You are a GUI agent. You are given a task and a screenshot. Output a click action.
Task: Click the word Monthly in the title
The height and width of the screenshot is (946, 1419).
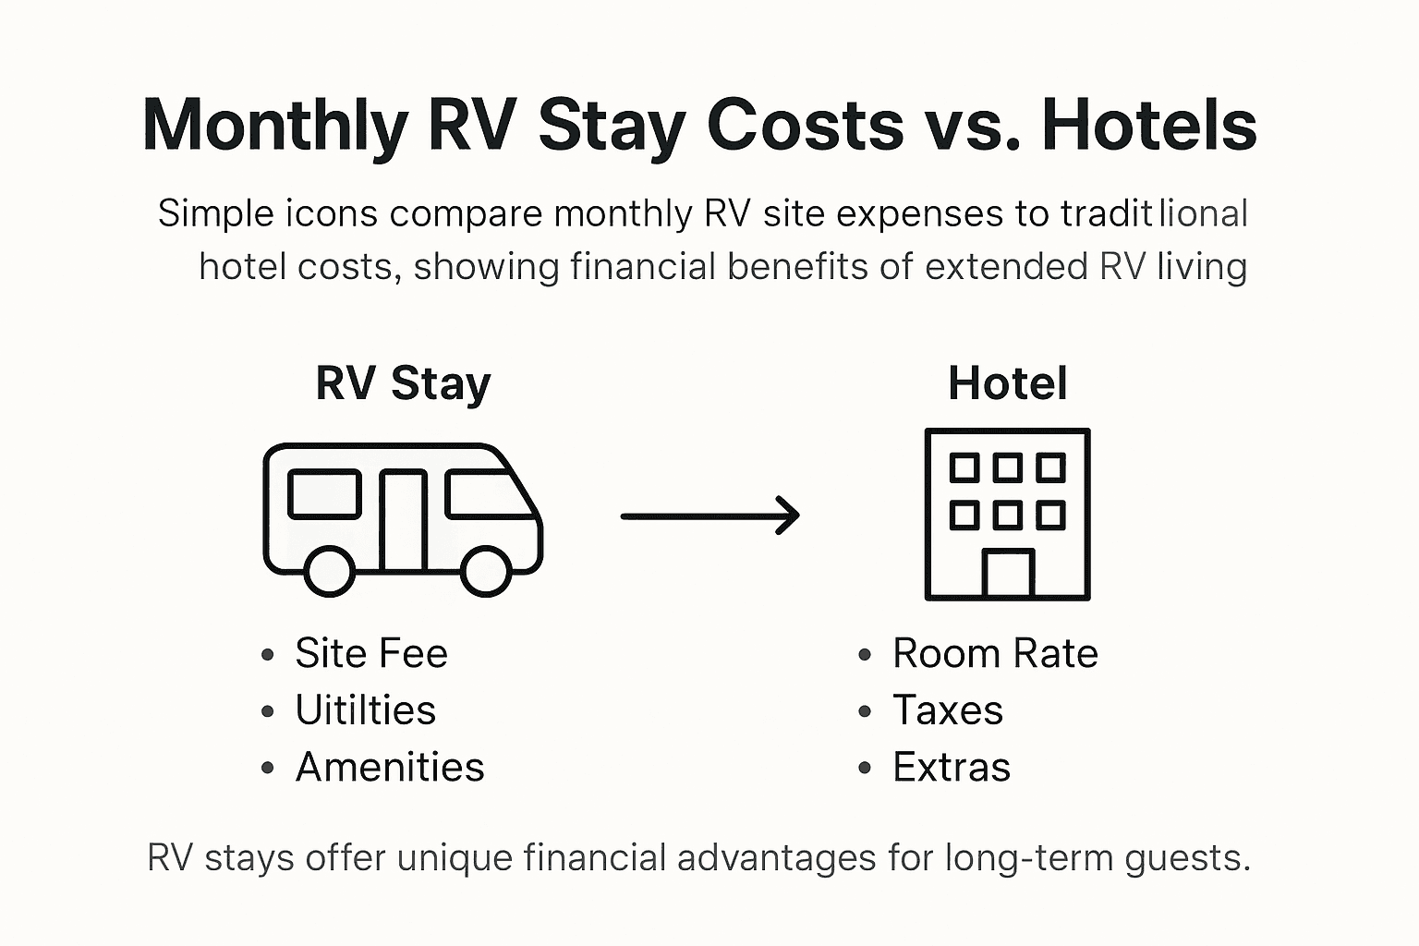275,126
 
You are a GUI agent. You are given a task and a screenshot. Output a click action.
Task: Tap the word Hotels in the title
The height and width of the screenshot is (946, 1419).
1148,124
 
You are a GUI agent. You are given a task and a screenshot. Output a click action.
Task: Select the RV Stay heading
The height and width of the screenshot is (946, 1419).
403,383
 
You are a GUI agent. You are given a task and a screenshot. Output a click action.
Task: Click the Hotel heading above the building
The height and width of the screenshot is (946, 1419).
1007,383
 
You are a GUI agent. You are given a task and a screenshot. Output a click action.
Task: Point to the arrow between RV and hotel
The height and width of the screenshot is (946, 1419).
709,515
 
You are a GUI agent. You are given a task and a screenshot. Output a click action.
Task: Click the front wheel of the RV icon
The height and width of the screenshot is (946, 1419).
486,571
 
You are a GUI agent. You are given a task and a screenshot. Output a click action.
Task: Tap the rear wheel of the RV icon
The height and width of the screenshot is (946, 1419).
329,571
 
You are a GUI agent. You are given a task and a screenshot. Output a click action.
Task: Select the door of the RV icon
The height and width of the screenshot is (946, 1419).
403,519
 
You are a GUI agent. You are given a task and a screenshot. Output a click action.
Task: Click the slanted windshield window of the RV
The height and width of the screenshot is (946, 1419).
487,494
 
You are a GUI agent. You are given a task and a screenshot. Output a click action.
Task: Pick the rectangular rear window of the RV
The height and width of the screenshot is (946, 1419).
324,494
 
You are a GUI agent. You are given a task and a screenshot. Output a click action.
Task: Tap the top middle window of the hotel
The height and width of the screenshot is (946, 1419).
1007,467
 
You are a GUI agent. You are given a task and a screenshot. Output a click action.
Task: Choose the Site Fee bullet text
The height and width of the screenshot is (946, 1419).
371,654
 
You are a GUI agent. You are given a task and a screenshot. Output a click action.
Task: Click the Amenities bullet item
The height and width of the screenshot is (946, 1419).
389,768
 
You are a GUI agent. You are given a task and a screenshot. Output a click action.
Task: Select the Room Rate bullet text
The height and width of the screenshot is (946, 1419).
995,654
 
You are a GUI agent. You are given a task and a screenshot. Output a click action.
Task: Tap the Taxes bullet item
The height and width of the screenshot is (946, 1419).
947,710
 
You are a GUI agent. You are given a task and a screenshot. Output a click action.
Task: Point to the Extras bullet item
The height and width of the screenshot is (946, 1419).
951,768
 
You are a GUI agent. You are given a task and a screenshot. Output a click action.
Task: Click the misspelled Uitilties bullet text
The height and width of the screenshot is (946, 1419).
365,710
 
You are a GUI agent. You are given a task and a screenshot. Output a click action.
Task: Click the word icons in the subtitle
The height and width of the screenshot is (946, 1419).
332,214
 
